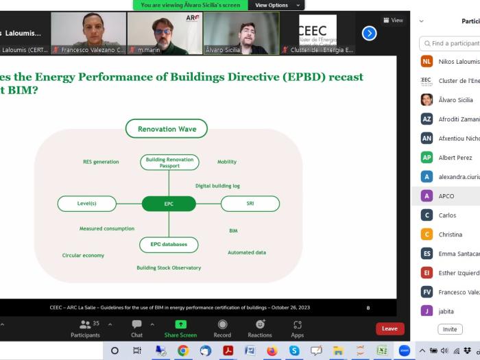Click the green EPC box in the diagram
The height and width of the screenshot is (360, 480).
point(169,204)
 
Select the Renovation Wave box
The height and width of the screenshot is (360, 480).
point(167,129)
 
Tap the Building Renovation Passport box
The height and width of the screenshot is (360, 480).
point(169,163)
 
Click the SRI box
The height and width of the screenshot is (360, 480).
point(250,204)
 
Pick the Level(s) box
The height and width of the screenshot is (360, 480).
point(87,204)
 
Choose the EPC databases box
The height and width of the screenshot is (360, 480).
point(169,244)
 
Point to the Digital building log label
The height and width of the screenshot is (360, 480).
point(217,186)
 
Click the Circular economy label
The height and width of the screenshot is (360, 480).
point(83,255)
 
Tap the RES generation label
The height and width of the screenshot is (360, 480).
point(101,162)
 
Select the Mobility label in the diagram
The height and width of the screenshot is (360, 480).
point(227,162)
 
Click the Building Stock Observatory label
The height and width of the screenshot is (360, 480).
point(169,267)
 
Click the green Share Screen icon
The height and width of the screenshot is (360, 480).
point(180,324)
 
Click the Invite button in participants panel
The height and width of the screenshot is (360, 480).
point(450,329)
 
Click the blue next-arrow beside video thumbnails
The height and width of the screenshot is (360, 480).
point(369,33)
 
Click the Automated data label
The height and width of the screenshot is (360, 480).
point(247,252)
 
